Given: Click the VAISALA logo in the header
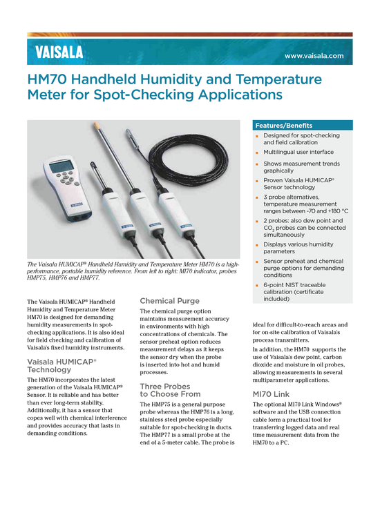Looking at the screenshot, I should coord(59,52).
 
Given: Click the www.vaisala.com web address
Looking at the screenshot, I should coord(314,56).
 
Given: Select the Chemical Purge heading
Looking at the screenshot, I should coord(169,301).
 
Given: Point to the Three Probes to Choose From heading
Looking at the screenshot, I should coord(171,390).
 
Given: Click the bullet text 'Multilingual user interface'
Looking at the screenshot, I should coord(298,152).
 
